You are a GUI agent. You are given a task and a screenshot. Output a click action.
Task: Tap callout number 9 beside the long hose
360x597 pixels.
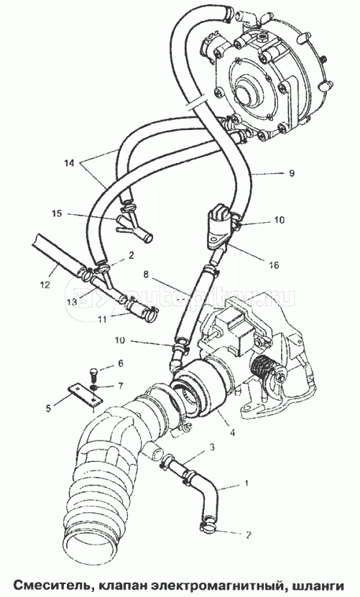point(291,173)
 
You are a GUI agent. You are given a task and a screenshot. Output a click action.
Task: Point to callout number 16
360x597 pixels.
point(274,264)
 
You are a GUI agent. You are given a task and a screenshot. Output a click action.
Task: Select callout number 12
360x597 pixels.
point(45,284)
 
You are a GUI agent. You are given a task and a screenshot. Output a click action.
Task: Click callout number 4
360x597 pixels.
point(232,432)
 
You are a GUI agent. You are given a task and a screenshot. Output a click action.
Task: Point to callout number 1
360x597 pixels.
point(246,483)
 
